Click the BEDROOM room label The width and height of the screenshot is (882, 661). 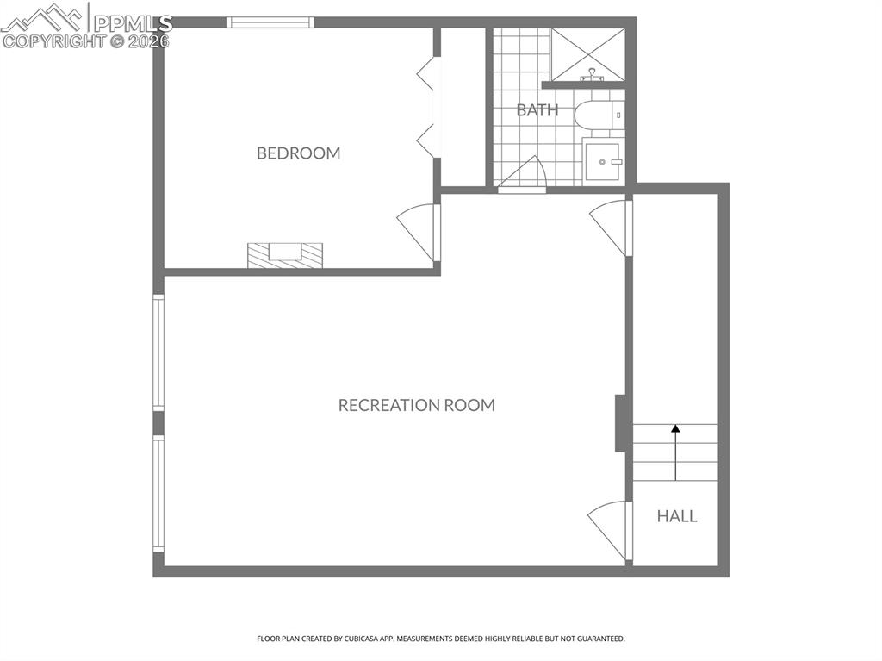pos(298,153)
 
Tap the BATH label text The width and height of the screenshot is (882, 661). pos(537,110)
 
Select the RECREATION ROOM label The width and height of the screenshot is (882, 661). pos(416,405)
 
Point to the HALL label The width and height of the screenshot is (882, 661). pos(676,516)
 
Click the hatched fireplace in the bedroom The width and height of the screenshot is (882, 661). pos(285,255)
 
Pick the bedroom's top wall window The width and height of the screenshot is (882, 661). pos(270,22)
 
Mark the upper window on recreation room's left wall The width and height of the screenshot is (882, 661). pos(158,352)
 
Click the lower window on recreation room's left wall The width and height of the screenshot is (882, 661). pos(158,492)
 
